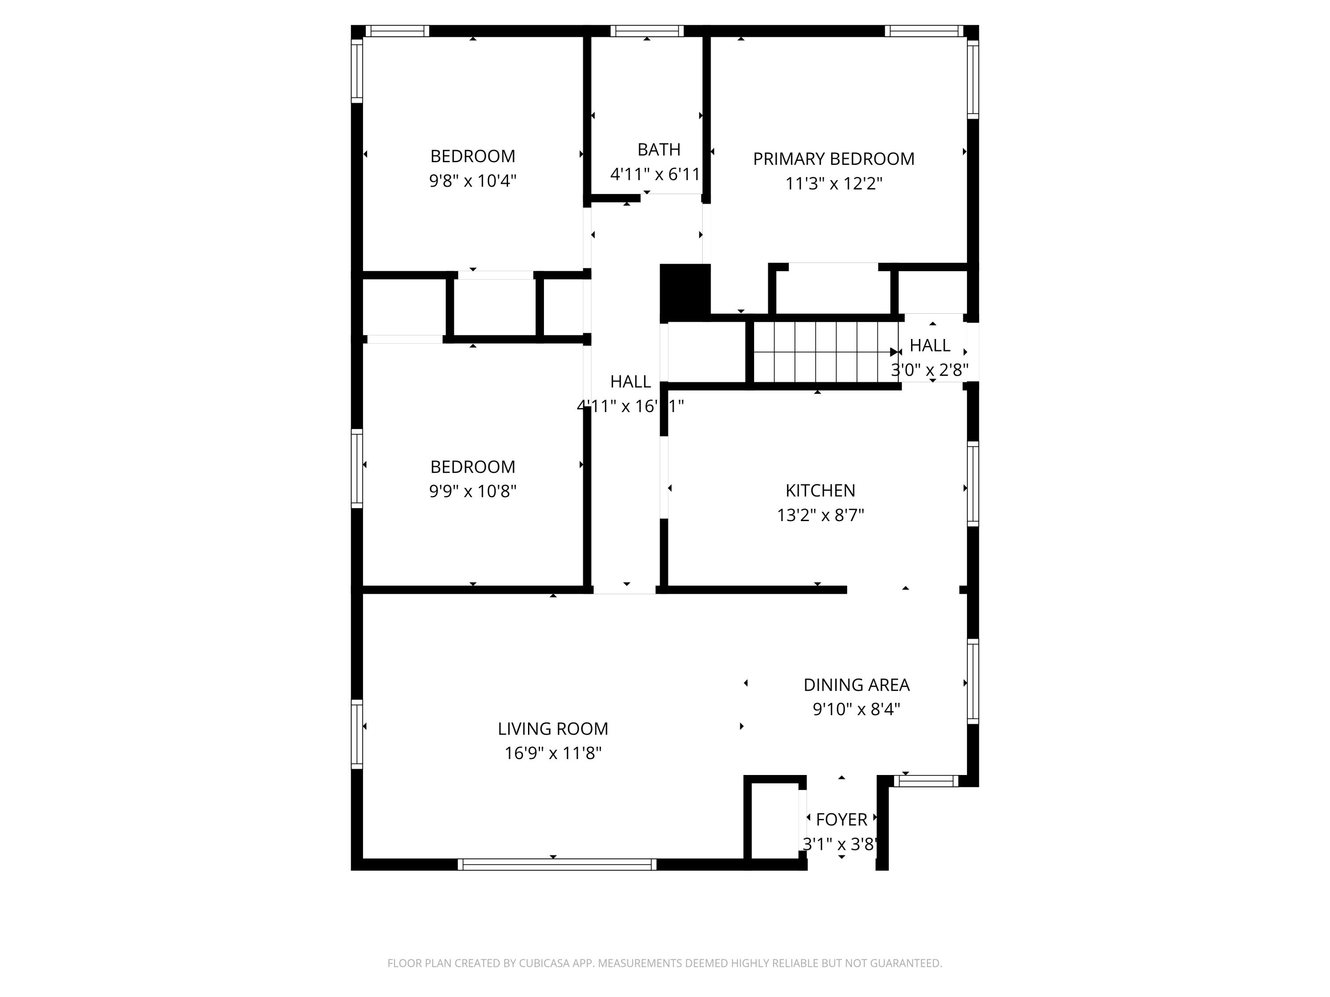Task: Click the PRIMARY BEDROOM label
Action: click(833, 159)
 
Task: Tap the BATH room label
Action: click(659, 149)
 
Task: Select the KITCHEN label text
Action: click(820, 491)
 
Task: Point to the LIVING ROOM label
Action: click(552, 728)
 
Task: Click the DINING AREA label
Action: click(856, 685)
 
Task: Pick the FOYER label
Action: click(841, 819)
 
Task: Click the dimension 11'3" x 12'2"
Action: click(833, 183)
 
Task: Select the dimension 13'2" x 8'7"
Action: click(820, 515)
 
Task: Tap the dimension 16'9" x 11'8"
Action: click(552, 753)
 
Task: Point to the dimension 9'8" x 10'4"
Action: click(473, 180)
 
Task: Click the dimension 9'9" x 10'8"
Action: click(473, 491)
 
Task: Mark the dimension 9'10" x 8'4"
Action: click(856, 709)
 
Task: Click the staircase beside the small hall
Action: click(824, 352)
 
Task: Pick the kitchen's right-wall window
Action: click(972, 484)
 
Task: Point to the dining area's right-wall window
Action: click(972, 681)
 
